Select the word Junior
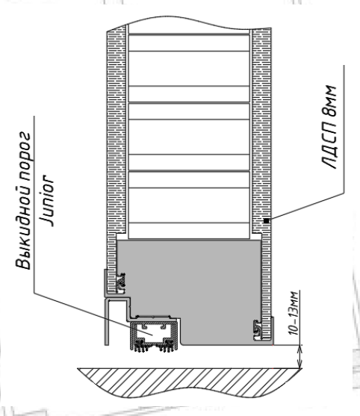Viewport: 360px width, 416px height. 47,201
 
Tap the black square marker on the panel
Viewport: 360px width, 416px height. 266,221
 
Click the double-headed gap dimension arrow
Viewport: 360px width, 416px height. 300,356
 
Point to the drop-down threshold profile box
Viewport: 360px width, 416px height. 153,333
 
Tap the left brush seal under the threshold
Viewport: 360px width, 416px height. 140,347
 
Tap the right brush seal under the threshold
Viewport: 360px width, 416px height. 167,347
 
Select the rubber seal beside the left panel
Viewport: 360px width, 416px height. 121,282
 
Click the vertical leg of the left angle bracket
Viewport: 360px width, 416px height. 106,323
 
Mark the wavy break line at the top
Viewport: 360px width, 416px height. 189,23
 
